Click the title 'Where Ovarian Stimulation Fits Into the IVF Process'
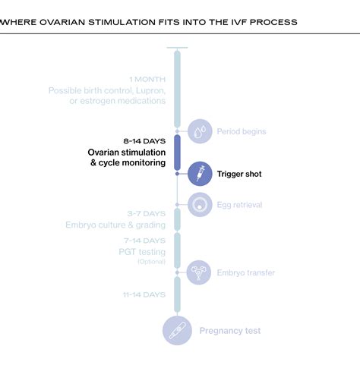pos(149,22)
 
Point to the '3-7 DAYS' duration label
pos(146,214)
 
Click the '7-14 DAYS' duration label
pos(145,239)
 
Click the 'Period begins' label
pos(242,131)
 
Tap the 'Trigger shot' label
pos(239,174)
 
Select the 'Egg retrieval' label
pos(242,204)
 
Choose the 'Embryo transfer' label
pos(246,272)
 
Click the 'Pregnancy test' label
pos(230,330)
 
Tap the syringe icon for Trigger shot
pos(200,174)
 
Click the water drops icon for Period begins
pos(200,131)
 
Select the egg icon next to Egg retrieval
pos(200,204)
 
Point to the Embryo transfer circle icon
pos(200,272)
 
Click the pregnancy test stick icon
pos(177,331)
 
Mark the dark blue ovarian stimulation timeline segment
pos(177,152)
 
